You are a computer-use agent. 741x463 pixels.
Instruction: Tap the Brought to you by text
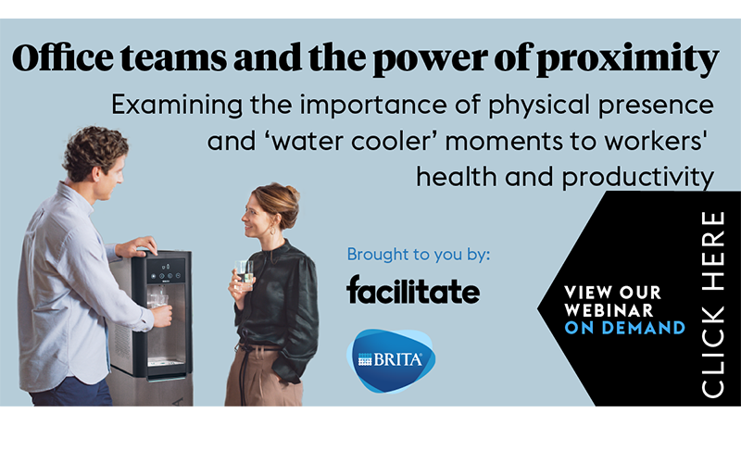pos(418,254)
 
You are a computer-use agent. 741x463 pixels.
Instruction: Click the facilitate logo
pos(413,290)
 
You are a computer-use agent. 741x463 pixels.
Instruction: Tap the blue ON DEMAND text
pos(625,327)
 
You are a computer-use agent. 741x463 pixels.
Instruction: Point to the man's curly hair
pos(95,147)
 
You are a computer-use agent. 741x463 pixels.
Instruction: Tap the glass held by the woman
pos(245,270)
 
